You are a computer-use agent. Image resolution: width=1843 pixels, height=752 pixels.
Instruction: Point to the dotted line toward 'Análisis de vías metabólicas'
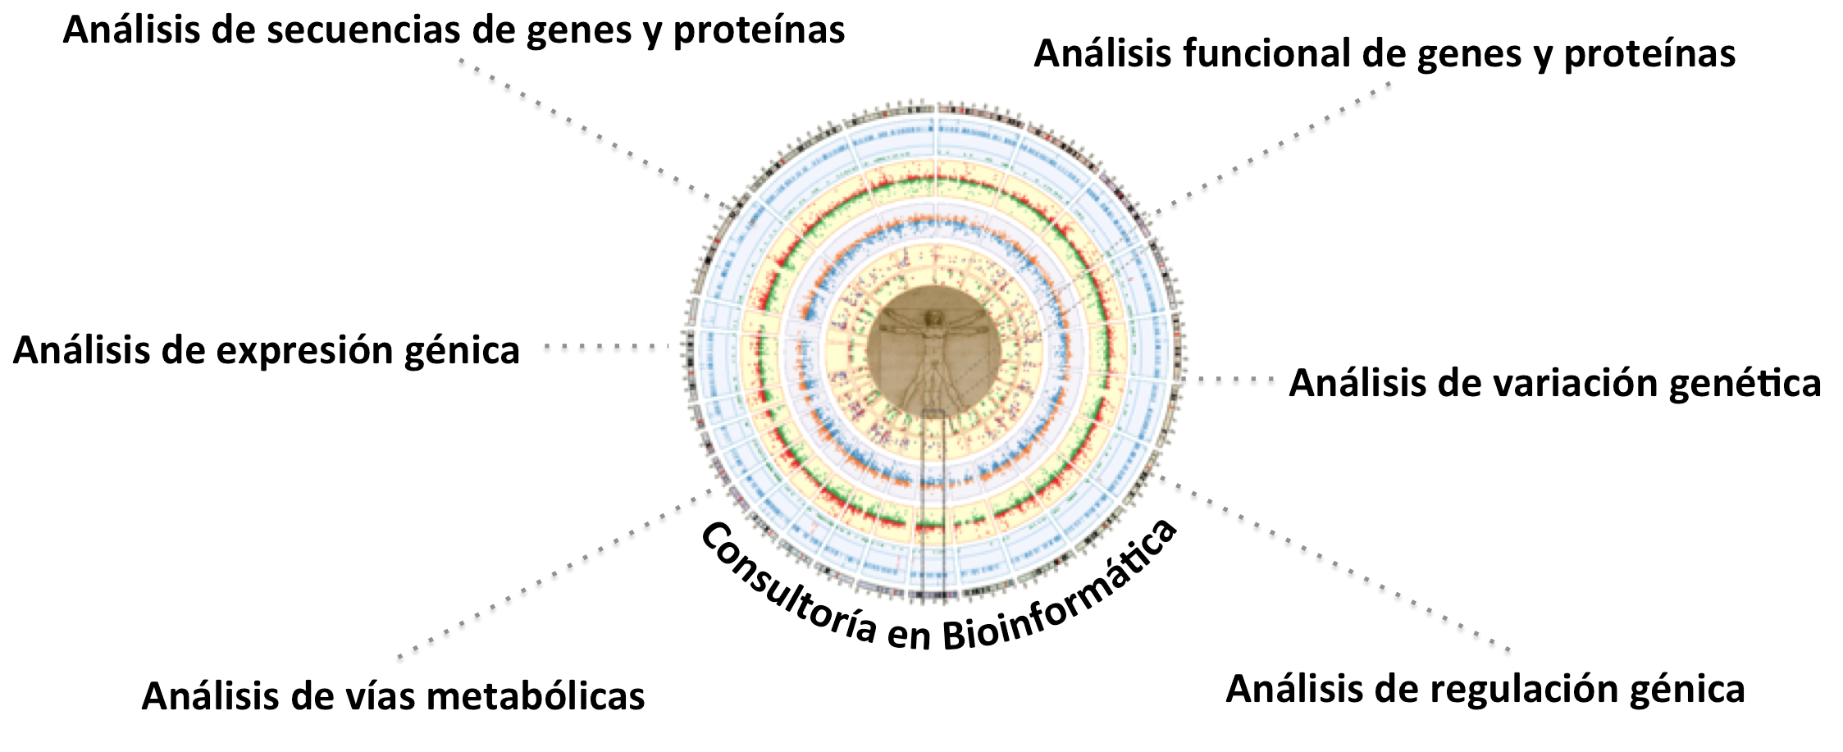tap(555, 573)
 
